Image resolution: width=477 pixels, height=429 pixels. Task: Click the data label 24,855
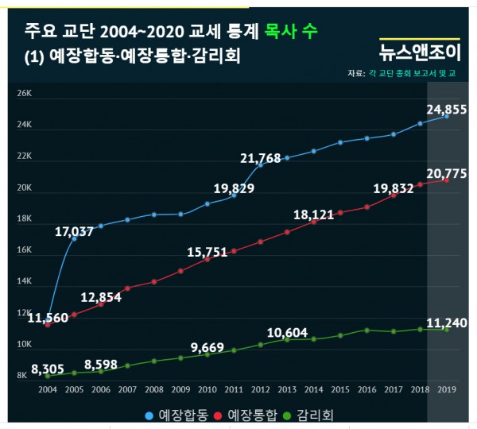point(442,108)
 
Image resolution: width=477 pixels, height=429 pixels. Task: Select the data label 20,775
point(442,172)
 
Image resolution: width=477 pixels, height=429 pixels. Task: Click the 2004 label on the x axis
point(47,390)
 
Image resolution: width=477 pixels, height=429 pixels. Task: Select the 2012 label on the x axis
point(260,390)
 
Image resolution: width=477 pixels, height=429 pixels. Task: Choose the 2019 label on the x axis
point(446,390)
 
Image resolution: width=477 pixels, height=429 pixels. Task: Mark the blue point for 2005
point(74,238)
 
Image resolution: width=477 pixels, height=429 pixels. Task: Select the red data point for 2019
point(446,180)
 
